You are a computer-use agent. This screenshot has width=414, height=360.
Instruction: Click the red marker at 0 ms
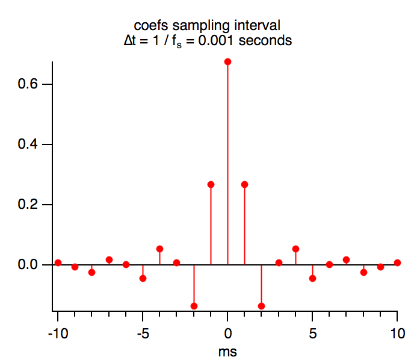(227, 61)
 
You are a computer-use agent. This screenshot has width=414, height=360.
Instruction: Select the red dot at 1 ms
(244, 184)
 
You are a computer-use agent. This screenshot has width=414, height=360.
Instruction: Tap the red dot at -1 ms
(211, 184)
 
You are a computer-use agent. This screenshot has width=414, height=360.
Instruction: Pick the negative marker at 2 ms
(261, 306)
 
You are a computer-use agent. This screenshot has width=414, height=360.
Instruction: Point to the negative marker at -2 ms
(194, 306)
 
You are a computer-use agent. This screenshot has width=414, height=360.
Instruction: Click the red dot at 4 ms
(295, 249)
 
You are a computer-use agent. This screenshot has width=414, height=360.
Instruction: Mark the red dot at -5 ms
(143, 278)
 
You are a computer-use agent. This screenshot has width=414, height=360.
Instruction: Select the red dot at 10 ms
(397, 262)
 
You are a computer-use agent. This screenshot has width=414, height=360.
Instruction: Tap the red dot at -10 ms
(58, 262)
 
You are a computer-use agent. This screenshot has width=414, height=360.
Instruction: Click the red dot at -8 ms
(91, 272)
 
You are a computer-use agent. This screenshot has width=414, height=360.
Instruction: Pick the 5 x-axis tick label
(312, 333)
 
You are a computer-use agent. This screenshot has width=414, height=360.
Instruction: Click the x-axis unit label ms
(227, 350)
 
